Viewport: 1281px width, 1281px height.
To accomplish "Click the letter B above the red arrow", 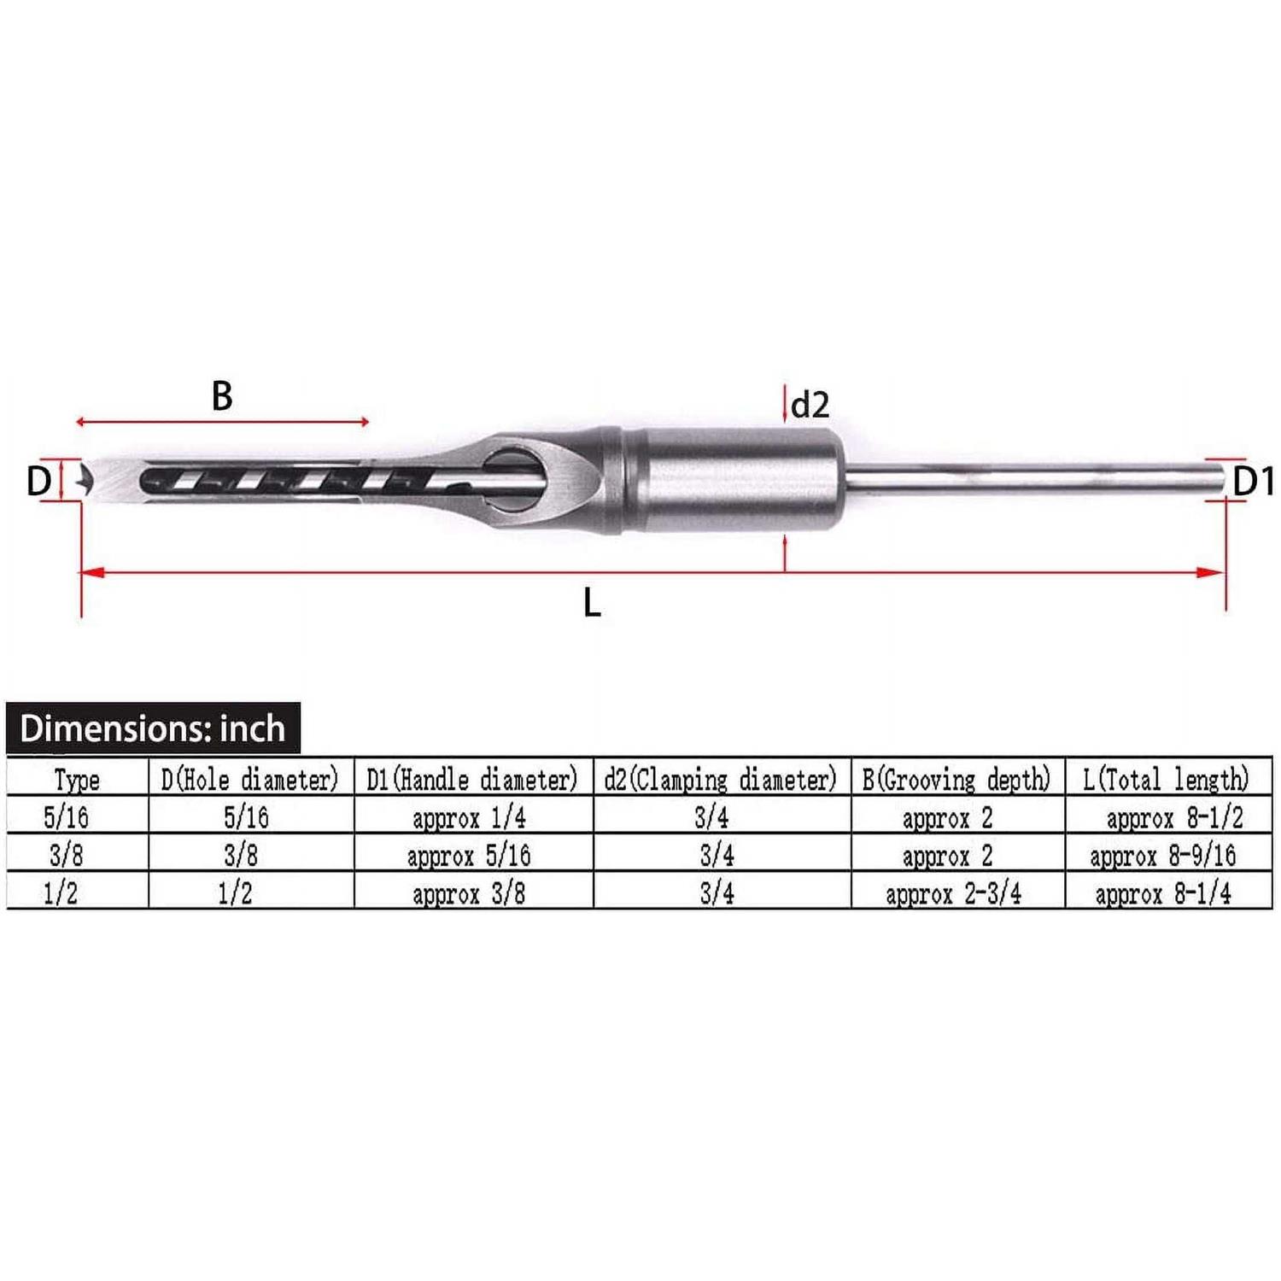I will pyautogui.click(x=222, y=396).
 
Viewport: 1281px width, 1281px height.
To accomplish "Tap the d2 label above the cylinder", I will pyautogui.click(x=810, y=405).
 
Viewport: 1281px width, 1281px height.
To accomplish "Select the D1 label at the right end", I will pyautogui.click(x=1254, y=482).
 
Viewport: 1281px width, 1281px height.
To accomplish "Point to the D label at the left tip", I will pyautogui.click(x=38, y=482).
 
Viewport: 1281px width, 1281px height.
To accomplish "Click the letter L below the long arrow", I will pyautogui.click(x=592, y=604).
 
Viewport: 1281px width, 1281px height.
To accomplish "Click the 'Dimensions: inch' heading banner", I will pyautogui.click(x=153, y=728).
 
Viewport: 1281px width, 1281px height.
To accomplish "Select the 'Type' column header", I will pyautogui.click(x=77, y=779).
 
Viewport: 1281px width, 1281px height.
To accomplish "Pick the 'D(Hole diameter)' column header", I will pyautogui.click(x=250, y=779).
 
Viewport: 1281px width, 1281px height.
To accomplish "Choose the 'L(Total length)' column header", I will pyautogui.click(x=1166, y=779).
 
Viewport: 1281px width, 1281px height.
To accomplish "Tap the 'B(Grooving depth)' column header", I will pyautogui.click(x=956, y=779).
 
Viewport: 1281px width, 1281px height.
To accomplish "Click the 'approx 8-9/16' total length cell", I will pyautogui.click(x=1162, y=855).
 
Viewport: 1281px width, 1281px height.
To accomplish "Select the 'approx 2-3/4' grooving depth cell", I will pyautogui.click(x=953, y=893).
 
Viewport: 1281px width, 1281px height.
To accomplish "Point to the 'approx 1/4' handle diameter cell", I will pyautogui.click(x=469, y=818).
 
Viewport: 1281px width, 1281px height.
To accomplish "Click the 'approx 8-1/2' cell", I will pyautogui.click(x=1174, y=818).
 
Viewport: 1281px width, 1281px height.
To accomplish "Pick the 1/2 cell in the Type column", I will pyautogui.click(x=61, y=893).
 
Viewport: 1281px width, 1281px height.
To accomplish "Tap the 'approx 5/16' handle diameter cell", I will pyautogui.click(x=469, y=855).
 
